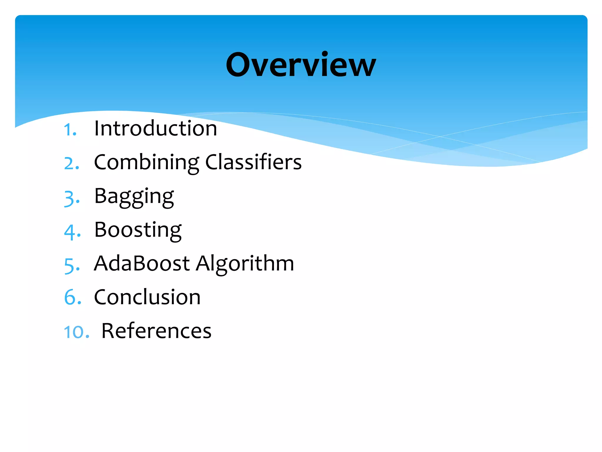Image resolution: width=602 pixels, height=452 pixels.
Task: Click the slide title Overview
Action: click(301, 65)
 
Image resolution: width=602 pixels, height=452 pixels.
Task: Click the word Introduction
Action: click(155, 129)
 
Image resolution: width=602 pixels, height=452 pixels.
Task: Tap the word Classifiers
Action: click(253, 162)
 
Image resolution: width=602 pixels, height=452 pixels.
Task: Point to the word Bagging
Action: click(134, 197)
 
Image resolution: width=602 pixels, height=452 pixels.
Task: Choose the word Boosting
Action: click(138, 230)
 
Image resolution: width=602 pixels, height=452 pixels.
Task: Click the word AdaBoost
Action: click(142, 263)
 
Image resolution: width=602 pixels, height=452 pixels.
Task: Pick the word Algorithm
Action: click(245, 264)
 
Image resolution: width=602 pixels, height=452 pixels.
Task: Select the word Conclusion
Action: click(147, 297)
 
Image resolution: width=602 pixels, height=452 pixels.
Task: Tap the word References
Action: click(156, 331)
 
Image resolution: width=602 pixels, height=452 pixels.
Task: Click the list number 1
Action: click(70, 130)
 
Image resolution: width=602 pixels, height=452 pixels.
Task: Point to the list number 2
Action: click(71, 164)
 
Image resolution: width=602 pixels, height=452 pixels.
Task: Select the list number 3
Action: click(71, 198)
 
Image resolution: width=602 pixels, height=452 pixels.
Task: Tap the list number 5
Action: click(71, 265)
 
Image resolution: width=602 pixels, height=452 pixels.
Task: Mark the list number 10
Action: click(76, 332)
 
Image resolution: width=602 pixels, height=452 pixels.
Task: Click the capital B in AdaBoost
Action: click(140, 263)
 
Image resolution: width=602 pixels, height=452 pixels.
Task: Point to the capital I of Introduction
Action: click(97, 129)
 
